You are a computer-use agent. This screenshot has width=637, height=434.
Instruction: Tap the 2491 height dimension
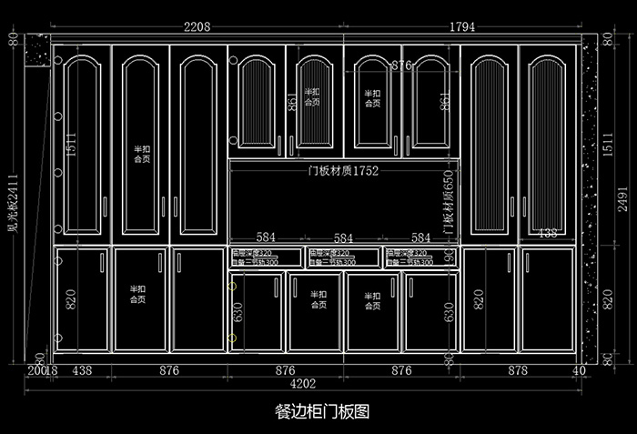pyautogui.click(x=622, y=198)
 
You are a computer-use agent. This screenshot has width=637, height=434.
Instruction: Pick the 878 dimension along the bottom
pyautogui.click(x=517, y=370)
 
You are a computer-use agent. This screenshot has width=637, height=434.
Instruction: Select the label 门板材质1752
pyautogui.click(x=343, y=170)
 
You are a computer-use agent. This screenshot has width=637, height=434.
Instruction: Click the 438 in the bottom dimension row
pyautogui.click(x=82, y=370)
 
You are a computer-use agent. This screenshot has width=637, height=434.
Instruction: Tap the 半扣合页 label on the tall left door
pyautogui.click(x=142, y=152)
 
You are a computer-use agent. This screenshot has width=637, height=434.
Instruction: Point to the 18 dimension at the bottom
pyautogui.click(x=51, y=370)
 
